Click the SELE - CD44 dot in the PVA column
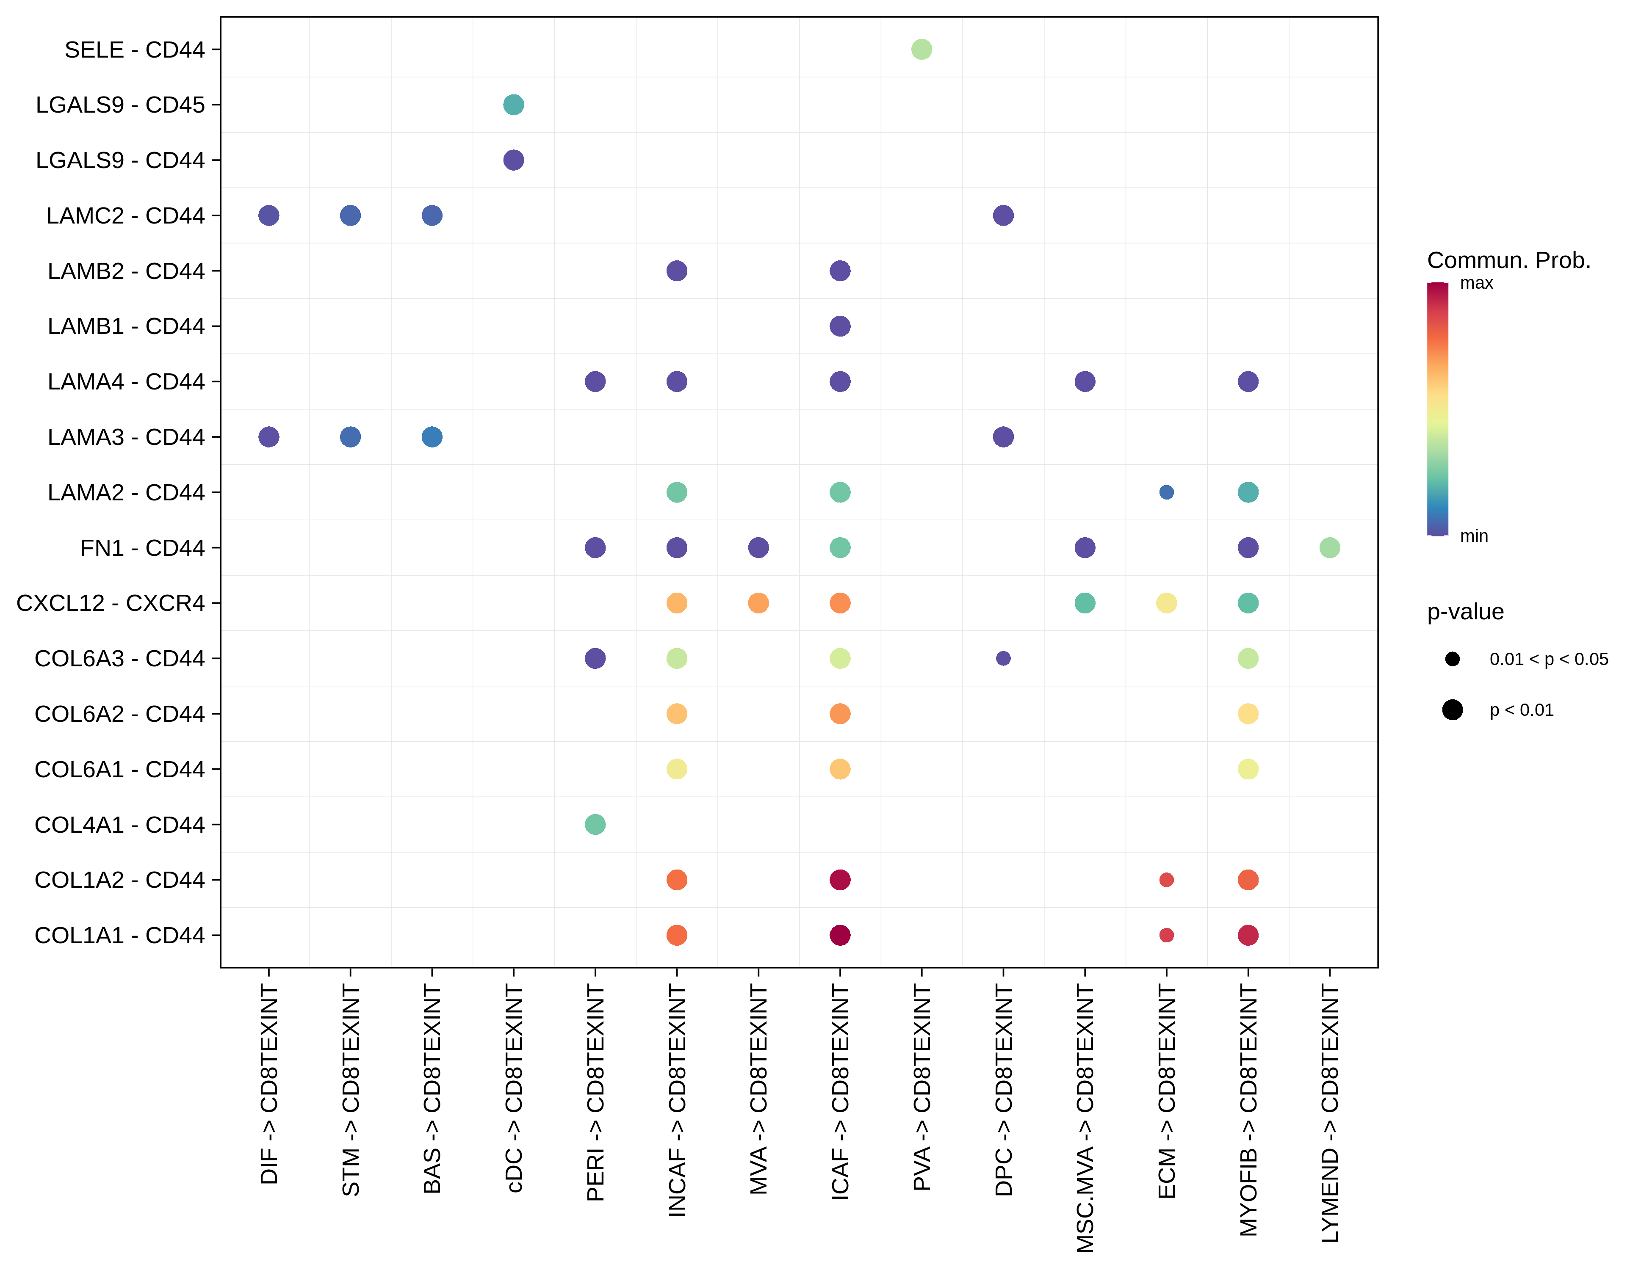pos(921,50)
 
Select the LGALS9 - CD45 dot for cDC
pos(513,105)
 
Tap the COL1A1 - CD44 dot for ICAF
pos(840,935)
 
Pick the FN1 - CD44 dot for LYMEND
pos(1329,547)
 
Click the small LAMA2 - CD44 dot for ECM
pos(1166,492)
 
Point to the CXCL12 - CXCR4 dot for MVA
pos(758,603)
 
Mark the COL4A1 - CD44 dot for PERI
pos(595,825)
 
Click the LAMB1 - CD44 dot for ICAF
pos(840,326)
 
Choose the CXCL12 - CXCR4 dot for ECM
pos(1166,603)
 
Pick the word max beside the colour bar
pos(1476,283)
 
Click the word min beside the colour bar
pos(1473,536)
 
